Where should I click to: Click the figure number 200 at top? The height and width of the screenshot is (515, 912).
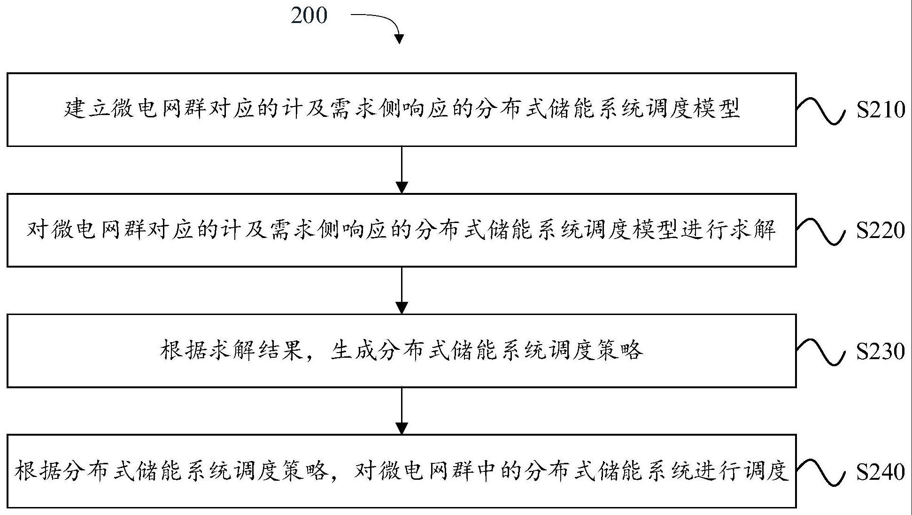pos(309,15)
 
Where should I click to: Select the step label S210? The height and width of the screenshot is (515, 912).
pos(880,110)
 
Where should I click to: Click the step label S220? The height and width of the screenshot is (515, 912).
pos(880,231)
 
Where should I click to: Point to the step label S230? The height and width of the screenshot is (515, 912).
pos(880,351)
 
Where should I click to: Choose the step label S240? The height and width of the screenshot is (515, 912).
pos(880,472)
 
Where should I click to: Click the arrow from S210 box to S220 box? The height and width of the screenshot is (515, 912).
pos(402,169)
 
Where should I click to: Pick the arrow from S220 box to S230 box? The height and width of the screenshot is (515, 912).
pos(402,290)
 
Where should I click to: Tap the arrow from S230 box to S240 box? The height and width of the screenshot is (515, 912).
pos(402,411)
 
